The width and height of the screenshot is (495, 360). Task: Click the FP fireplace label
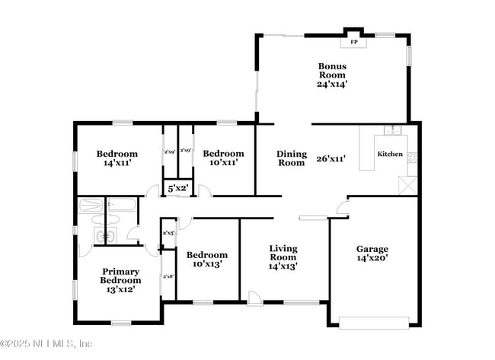click(x=354, y=43)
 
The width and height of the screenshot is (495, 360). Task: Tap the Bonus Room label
click(x=332, y=71)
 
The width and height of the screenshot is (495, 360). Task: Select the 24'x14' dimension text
click(x=332, y=84)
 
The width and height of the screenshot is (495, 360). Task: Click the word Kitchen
click(x=391, y=154)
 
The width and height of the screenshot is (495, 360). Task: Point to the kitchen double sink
click(x=393, y=130)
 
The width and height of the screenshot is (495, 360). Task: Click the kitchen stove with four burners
click(x=413, y=158)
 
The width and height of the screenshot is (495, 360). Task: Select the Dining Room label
click(x=291, y=158)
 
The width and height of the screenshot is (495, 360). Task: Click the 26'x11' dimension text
click(x=331, y=159)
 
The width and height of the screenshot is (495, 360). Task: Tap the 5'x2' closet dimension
click(x=177, y=187)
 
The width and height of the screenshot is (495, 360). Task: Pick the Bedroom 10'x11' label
click(x=223, y=158)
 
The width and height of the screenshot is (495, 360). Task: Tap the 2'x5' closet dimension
click(x=168, y=232)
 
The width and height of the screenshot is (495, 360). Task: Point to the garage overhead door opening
click(x=372, y=320)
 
